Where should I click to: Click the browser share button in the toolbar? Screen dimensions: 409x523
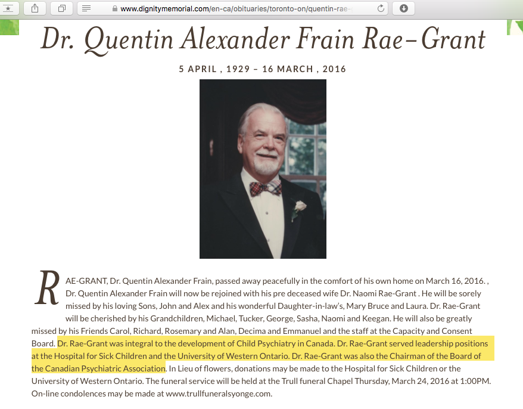(35, 8)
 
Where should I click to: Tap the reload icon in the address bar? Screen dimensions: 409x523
(381, 8)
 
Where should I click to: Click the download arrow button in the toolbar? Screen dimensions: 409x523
(403, 8)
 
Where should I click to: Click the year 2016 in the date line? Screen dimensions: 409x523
(334, 69)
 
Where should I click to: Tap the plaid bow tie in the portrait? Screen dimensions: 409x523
(266, 189)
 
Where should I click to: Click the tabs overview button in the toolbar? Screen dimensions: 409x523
(61, 8)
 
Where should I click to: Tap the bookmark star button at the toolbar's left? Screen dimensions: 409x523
(10, 8)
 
